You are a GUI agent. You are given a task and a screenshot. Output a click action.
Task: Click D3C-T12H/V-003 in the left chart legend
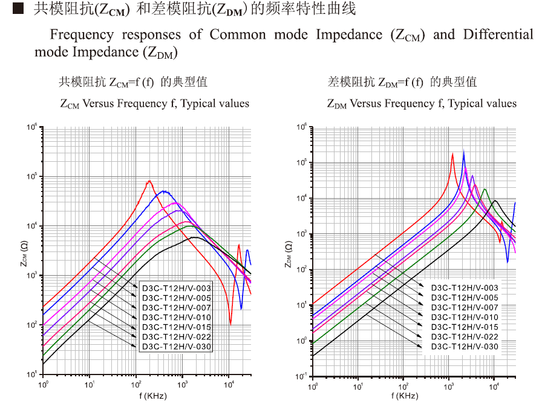(176, 287)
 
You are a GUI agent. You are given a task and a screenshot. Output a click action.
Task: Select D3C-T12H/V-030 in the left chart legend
(176, 346)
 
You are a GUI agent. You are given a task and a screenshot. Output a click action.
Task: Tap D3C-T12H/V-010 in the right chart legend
(465, 317)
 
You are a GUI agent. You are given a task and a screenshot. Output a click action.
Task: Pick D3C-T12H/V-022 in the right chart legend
(465, 336)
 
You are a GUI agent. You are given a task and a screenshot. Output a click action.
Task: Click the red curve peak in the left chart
(149, 181)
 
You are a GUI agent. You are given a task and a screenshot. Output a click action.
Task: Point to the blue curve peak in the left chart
(165, 191)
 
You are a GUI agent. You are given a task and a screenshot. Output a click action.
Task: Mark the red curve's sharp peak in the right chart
(452, 153)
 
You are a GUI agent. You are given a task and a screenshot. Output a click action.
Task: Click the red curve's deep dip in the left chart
(230, 323)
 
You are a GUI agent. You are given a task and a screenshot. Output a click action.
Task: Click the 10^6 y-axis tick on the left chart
(32, 127)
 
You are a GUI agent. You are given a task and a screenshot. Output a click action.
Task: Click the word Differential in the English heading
(498, 34)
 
